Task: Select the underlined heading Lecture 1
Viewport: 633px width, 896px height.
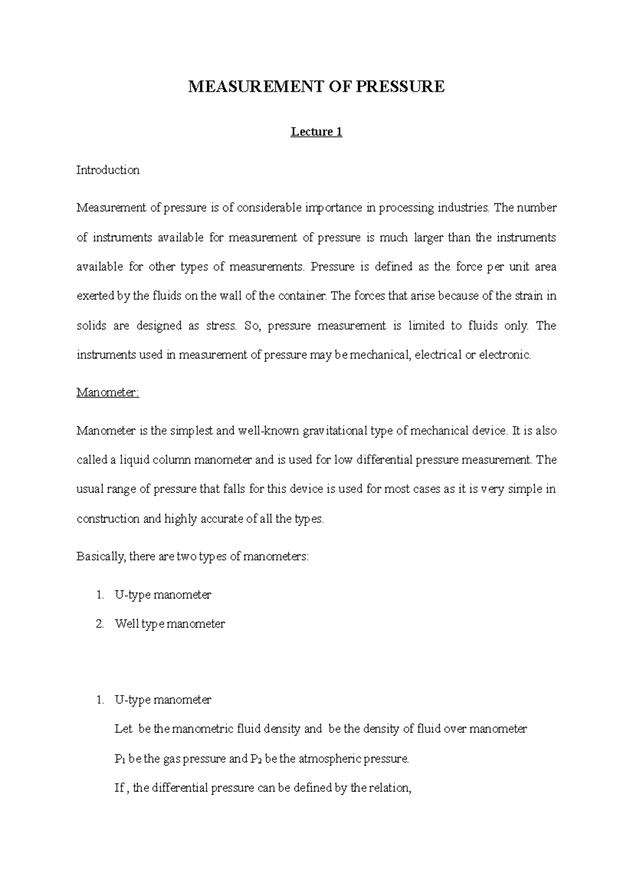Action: point(316,132)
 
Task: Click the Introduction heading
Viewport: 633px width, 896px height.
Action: point(108,170)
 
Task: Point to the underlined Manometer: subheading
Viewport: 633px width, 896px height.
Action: point(108,393)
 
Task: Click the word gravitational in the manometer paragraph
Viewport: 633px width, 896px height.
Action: point(335,431)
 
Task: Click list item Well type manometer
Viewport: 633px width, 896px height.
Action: point(170,624)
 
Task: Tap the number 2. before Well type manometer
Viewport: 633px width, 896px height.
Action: point(100,624)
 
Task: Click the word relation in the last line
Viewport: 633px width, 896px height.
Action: point(390,788)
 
